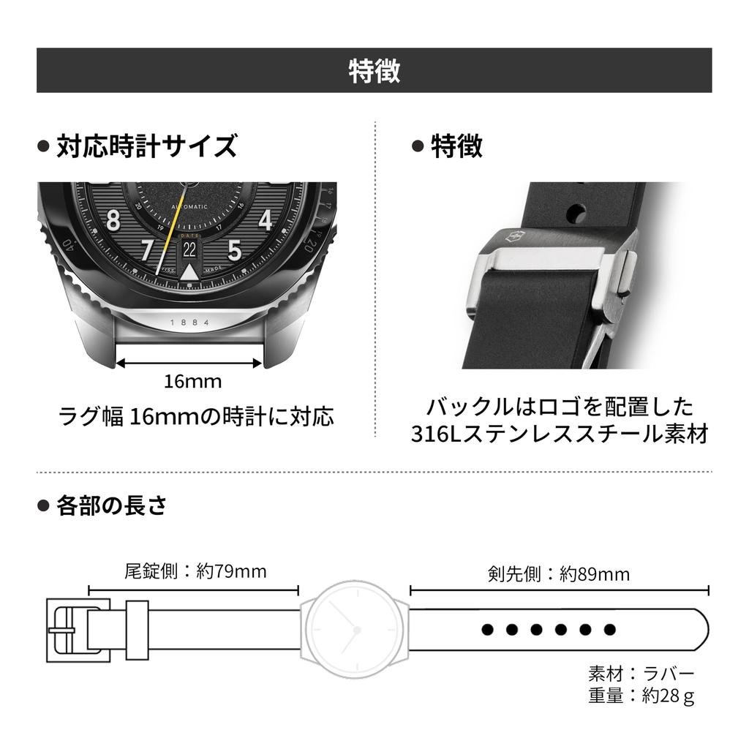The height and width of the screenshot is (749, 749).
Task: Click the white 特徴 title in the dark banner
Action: tap(374, 71)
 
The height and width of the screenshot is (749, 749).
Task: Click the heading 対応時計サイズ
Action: tap(146, 146)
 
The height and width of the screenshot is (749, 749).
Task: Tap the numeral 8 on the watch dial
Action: tap(113, 221)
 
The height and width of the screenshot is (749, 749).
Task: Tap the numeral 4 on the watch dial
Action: tap(265, 220)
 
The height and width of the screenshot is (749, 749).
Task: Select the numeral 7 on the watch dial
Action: tap(148, 249)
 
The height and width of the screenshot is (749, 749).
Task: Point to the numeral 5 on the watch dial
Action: tap(235, 249)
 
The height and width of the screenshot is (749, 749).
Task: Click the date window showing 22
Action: tap(189, 249)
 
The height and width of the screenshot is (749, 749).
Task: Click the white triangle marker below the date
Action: tap(189, 272)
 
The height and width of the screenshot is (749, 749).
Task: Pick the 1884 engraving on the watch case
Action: tap(190, 323)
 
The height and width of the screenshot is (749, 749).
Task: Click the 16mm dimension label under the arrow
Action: tap(192, 381)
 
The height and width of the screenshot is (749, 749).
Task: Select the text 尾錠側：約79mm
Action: tap(195, 571)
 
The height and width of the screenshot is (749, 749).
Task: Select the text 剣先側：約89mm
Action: tap(559, 573)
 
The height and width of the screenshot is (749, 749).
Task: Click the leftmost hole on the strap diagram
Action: tap(487, 630)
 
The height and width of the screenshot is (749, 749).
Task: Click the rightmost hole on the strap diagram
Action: tap(609, 630)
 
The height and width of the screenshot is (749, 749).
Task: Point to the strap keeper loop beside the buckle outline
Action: tap(137, 630)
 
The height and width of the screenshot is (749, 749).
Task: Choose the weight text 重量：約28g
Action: tap(641, 696)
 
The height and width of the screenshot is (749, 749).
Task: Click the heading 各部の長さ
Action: tap(112, 505)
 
